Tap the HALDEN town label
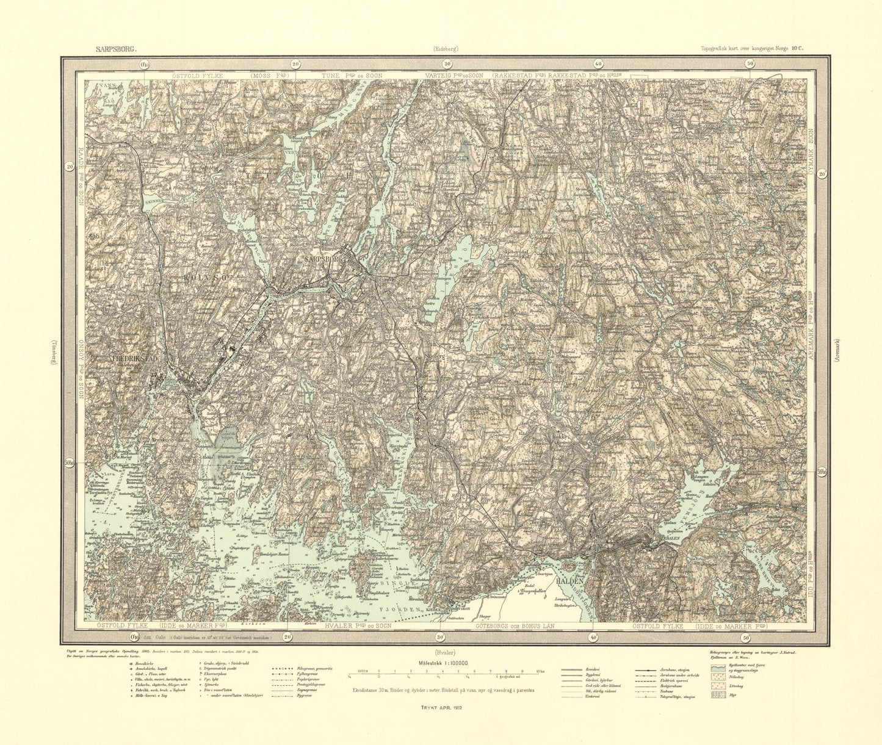coord(571,582)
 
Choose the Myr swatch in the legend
coord(720,694)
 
